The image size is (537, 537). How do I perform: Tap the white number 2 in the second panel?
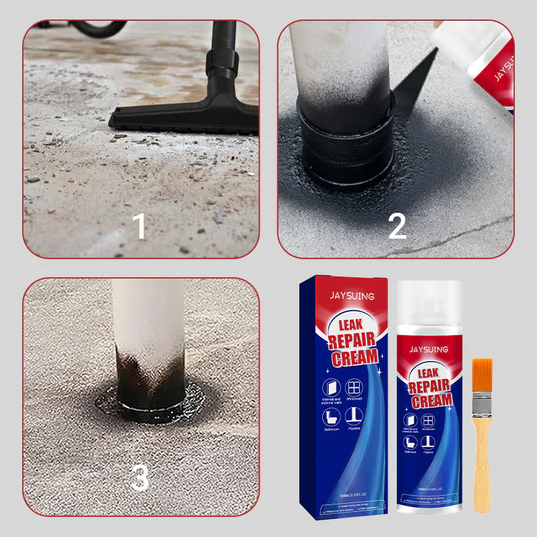(397, 226)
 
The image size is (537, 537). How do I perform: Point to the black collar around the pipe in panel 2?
(346, 144)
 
